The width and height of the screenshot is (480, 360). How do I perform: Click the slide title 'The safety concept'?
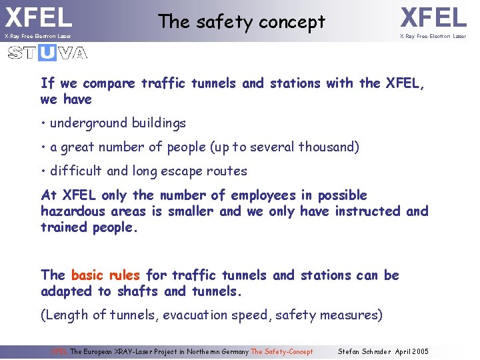point(241,22)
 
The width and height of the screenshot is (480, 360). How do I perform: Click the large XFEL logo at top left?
point(38,16)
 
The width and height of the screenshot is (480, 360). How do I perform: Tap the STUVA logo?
point(47,53)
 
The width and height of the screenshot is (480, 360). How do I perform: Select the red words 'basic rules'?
point(105,275)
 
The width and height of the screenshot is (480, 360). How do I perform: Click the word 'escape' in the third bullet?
point(183,171)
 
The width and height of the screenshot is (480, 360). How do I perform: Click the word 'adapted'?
point(67,291)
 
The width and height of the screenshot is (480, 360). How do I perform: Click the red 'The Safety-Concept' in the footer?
point(281,351)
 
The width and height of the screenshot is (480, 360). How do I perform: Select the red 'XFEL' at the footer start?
point(60,351)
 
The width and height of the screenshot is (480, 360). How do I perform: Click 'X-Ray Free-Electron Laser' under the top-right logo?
point(433,36)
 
